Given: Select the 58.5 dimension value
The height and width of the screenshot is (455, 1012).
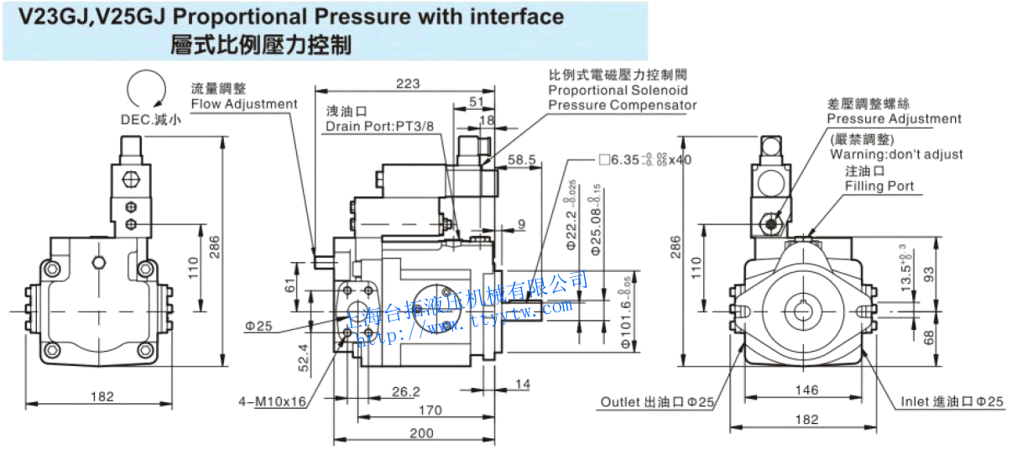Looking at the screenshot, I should pos(522,159).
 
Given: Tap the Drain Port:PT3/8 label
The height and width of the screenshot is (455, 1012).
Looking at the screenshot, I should pos(380,126).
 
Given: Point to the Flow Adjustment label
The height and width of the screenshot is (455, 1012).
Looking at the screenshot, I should pos(243,104).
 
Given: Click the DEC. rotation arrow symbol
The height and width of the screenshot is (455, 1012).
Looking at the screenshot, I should pos(143,90).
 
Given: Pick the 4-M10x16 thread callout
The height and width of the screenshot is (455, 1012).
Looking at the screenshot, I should pos(271,402).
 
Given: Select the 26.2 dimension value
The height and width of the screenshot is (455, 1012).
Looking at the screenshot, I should pos(405,391).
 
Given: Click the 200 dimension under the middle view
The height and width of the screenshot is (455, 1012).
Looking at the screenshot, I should pos(422,433).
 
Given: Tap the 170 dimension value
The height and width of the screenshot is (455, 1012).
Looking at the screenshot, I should pos(430,411).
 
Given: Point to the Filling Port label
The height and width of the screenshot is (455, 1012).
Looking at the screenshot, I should pos(879,186).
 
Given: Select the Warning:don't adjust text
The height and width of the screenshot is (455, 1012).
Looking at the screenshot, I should pos(896,154).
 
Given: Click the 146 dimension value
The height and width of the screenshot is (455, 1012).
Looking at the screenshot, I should pos(806,390).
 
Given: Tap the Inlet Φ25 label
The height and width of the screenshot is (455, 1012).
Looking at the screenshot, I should pos(952,402).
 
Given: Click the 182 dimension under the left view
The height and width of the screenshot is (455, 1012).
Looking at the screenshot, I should pos(102,396).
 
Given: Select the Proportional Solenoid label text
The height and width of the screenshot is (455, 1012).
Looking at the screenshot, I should pos(618,90).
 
